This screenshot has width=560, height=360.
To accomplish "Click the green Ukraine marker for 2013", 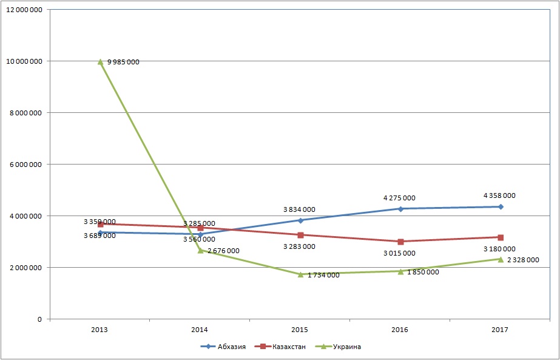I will click(100, 61).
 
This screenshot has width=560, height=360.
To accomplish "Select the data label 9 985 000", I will click(123, 62).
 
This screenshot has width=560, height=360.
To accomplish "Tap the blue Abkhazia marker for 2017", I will click(501, 207).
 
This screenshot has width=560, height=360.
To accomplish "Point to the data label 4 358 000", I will click(499, 195).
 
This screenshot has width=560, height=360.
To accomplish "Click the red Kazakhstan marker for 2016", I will click(400, 242).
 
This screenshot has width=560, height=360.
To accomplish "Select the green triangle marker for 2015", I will click(300, 274).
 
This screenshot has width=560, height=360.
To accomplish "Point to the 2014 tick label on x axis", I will click(200, 330).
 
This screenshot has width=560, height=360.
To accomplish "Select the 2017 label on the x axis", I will click(501, 330).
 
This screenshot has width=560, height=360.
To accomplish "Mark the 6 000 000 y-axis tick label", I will click(24, 165).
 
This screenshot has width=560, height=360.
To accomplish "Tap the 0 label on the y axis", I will click(39, 319).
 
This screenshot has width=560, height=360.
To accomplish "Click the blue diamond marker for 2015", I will click(300, 220).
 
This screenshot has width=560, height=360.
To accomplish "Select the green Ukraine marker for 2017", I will click(501, 259).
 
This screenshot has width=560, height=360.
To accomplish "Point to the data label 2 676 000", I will click(223, 251).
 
